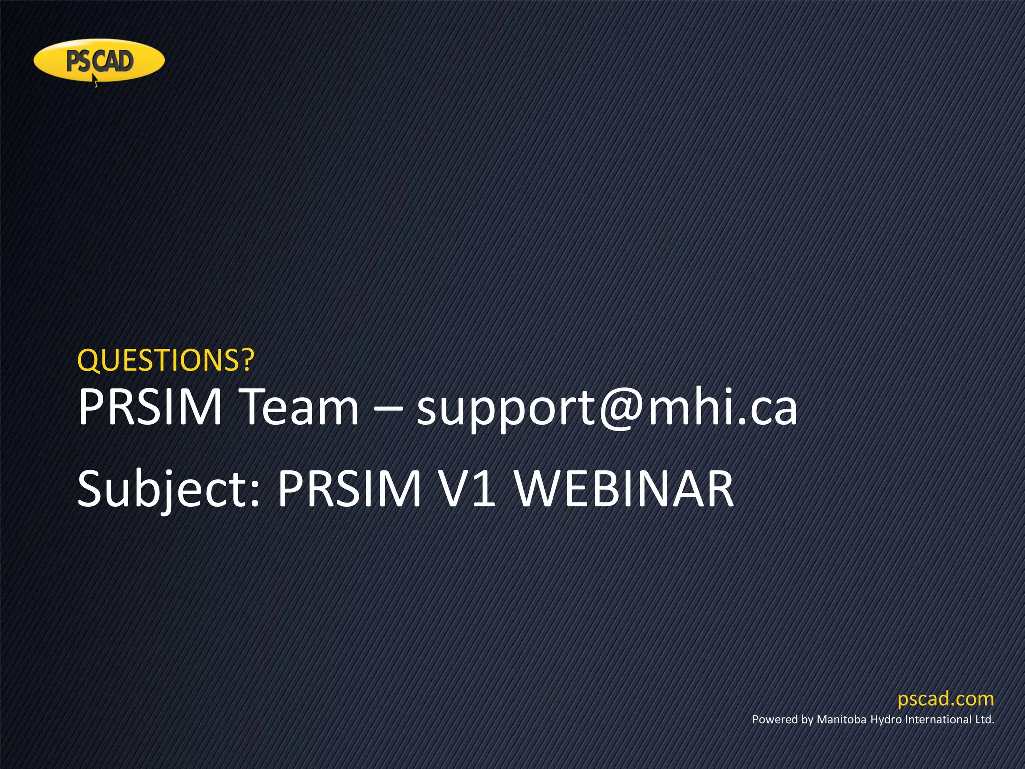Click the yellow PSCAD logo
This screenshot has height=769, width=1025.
click(x=99, y=60)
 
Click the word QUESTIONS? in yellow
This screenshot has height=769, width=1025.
click(x=166, y=360)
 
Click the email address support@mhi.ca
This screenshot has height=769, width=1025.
click(x=607, y=408)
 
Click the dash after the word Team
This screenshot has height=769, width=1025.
click(x=388, y=407)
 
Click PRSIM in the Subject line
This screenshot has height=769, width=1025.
click(x=349, y=488)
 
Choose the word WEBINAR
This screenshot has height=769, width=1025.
click(x=625, y=488)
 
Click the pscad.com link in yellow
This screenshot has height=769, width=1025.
click(x=945, y=699)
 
